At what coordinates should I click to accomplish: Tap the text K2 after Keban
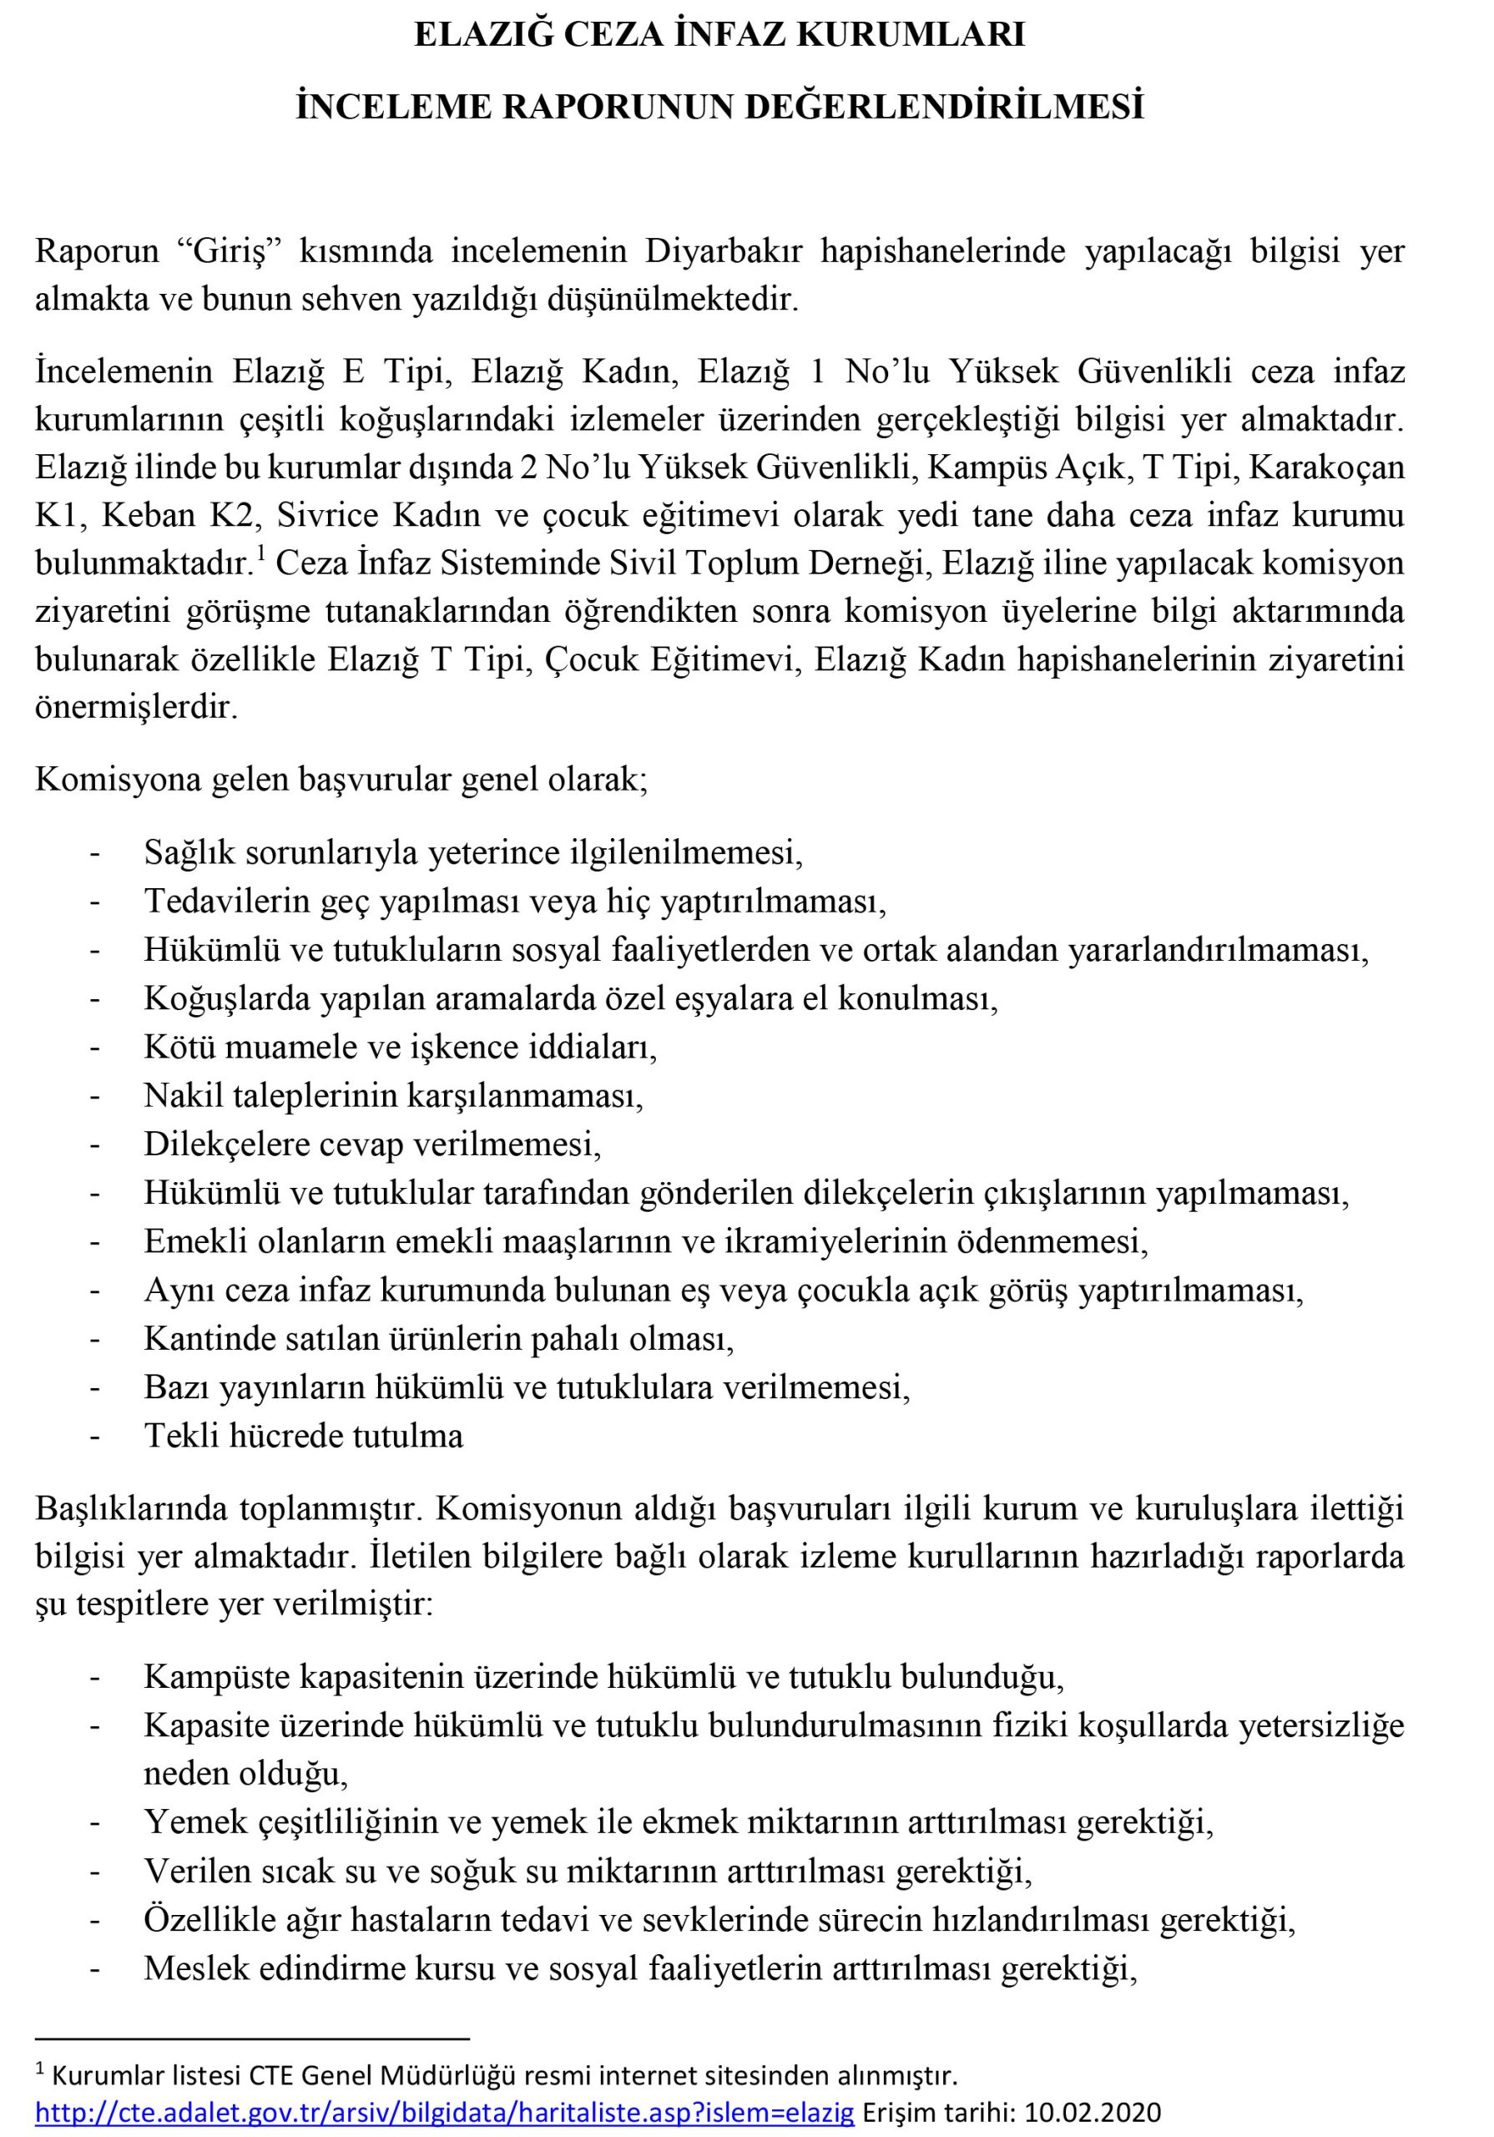click(x=237, y=515)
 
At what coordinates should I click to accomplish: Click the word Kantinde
click(x=211, y=1338)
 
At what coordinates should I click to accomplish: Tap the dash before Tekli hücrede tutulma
click(x=94, y=1436)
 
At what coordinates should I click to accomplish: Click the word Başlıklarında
click(x=128, y=1508)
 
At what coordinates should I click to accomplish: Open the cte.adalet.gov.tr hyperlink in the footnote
click(x=444, y=2113)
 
